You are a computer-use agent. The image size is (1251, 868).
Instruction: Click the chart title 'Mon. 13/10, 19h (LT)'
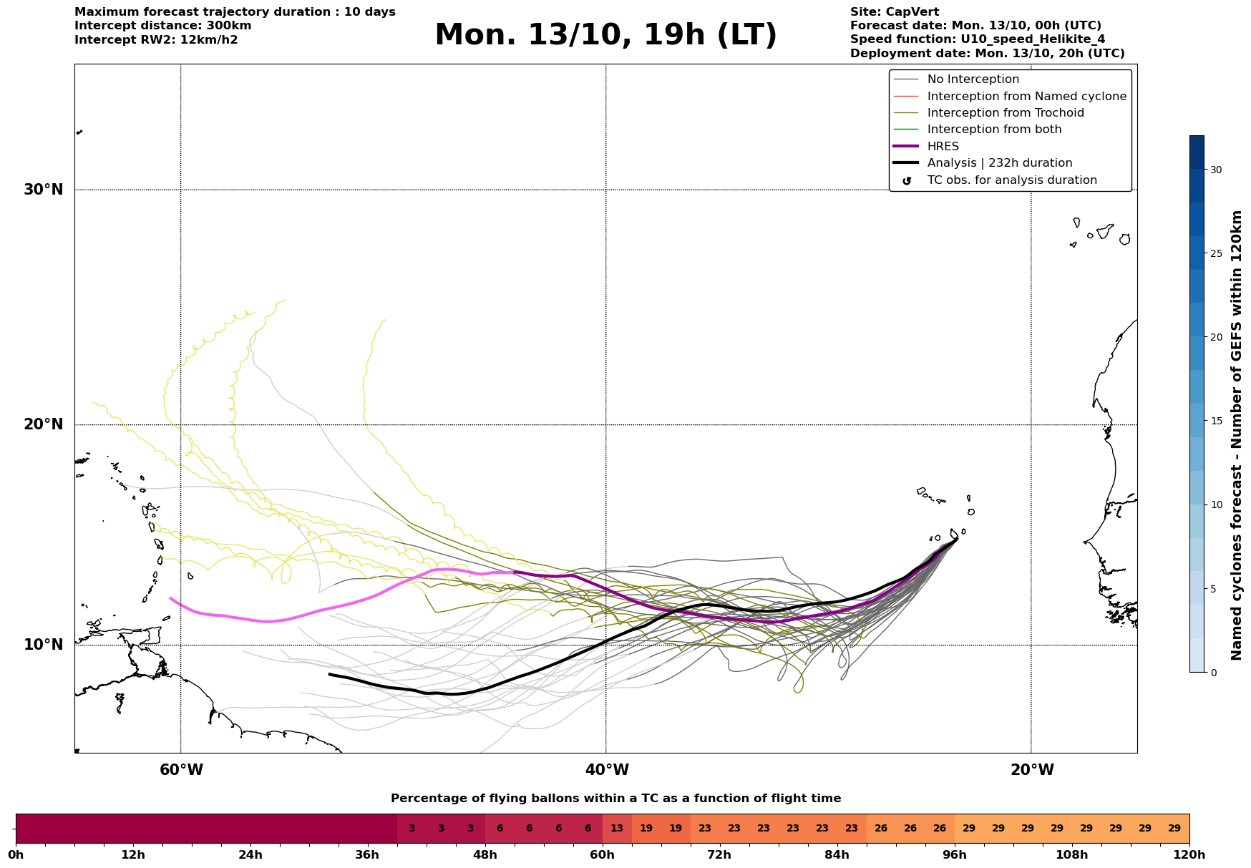605,35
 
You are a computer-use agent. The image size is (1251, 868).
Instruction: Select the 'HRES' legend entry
943,147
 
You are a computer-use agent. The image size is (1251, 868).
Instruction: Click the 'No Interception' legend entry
973,79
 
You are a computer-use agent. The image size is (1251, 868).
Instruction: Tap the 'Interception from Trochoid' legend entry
1005,113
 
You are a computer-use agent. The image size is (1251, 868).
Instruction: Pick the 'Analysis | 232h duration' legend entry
999,163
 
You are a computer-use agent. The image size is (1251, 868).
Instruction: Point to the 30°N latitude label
44,190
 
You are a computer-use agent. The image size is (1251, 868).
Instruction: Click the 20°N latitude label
44,424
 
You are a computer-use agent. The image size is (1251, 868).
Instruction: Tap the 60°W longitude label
181,770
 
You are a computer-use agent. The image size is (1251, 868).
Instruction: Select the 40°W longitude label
607,770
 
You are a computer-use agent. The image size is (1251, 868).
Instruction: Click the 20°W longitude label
1032,770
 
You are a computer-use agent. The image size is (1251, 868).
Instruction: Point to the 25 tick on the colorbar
1216,253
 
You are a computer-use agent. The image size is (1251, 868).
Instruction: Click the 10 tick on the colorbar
1216,504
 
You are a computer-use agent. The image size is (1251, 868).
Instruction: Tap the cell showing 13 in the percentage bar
617,829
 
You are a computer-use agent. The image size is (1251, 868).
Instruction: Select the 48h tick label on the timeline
485,855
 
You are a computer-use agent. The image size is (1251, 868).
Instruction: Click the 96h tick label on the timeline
955,855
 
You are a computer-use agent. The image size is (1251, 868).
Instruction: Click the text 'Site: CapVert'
894,12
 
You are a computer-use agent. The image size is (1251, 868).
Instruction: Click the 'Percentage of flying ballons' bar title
615,799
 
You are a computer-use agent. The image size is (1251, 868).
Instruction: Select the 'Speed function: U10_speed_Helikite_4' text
977,39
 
